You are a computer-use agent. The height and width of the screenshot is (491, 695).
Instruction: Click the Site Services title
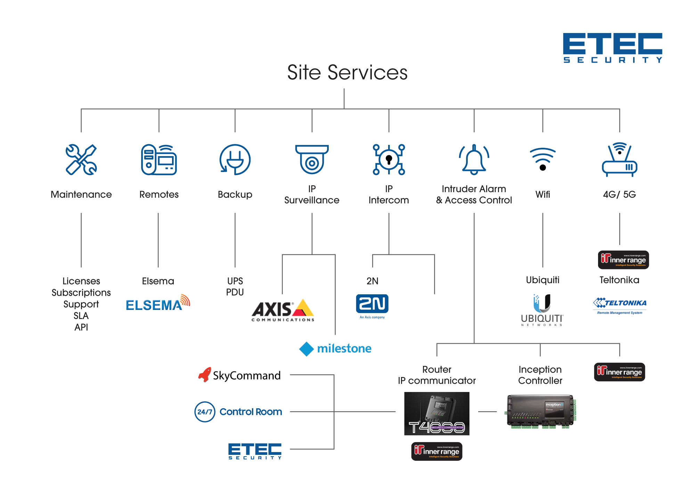pyautogui.click(x=347, y=72)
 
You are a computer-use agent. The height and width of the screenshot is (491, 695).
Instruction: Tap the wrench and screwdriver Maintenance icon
pyautogui.click(x=81, y=159)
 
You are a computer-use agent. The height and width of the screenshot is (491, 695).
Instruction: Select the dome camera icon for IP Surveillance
pyautogui.click(x=312, y=159)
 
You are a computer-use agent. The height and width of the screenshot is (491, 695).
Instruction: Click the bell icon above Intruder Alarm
pyautogui.click(x=474, y=159)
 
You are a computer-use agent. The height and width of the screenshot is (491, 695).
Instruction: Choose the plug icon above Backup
pyautogui.click(x=235, y=159)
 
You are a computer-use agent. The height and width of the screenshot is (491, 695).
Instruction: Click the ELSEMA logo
pyautogui.click(x=157, y=303)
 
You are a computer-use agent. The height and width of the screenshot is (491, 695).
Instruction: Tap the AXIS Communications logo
pyautogui.click(x=283, y=310)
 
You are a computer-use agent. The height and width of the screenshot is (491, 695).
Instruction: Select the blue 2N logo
pyautogui.click(x=372, y=304)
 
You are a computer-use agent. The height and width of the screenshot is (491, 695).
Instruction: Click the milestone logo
pyautogui.click(x=335, y=349)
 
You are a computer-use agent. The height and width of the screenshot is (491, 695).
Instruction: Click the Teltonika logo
pyautogui.click(x=620, y=305)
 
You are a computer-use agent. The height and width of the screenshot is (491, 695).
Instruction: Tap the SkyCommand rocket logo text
pyautogui.click(x=239, y=375)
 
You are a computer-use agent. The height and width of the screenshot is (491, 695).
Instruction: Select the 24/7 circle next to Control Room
pyautogui.click(x=205, y=412)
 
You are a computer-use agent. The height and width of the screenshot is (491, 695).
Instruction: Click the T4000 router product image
pyautogui.click(x=436, y=414)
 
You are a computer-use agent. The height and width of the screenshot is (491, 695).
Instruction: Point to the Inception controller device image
pyautogui.click(x=541, y=412)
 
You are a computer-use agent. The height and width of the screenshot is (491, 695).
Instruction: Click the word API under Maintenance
pyautogui.click(x=81, y=327)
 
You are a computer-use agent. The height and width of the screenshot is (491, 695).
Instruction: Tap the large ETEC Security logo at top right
pyautogui.click(x=612, y=48)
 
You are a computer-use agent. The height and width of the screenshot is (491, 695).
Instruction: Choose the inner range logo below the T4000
pyautogui.click(x=436, y=451)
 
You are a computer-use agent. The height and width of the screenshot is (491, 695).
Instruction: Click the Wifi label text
pyautogui.click(x=542, y=194)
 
